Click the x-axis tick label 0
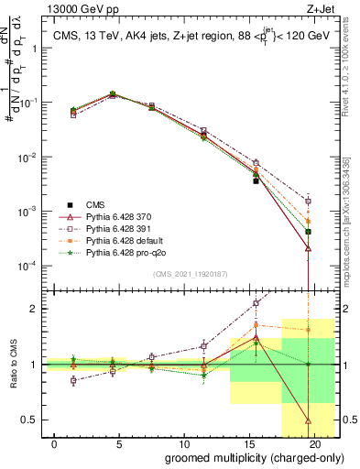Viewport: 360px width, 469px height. (56, 444)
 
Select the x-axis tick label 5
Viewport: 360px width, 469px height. (119, 444)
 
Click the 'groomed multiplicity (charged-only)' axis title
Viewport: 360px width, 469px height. (243, 457)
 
